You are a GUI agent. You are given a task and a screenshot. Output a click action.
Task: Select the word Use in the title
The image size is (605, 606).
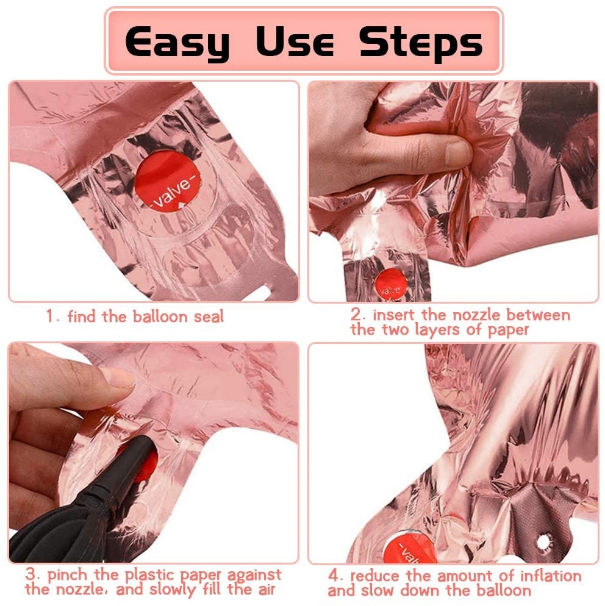click(295, 41)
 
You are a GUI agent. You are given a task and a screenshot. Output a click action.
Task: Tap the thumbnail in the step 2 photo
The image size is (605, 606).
click(457, 154)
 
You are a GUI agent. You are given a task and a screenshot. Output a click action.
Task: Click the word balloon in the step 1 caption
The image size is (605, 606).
click(160, 317)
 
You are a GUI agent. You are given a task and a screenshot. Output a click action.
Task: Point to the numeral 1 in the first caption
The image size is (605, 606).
click(49, 316)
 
